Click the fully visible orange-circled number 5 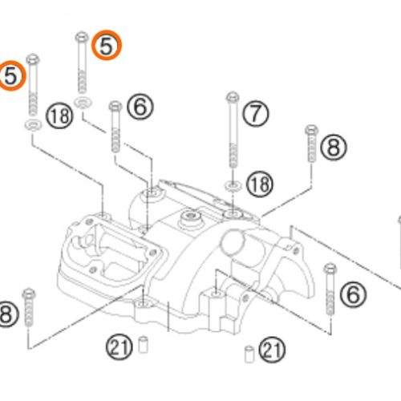(106, 46)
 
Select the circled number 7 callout (255, 114)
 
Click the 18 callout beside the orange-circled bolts (59, 115)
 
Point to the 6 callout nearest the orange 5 (139, 105)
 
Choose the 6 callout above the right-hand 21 (351, 294)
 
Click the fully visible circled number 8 (333, 147)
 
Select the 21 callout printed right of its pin (273, 349)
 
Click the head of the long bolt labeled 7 (232, 98)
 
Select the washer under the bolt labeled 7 (232, 185)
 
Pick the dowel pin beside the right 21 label (249, 350)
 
